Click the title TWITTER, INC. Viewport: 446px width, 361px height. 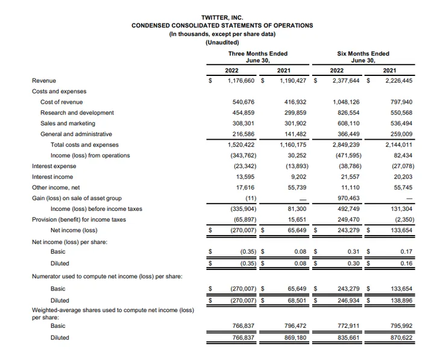click(222, 17)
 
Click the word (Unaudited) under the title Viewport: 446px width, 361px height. click(222, 42)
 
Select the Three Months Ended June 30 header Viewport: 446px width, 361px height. click(249, 57)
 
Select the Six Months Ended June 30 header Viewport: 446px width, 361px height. click(363, 57)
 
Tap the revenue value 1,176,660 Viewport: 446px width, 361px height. click(240, 81)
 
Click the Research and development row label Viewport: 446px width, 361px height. click(77, 113)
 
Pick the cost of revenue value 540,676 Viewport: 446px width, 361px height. click(243, 102)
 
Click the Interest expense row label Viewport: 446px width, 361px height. click(54, 166)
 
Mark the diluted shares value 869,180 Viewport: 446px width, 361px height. click(295, 337)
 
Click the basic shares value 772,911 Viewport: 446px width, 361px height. click(348, 325)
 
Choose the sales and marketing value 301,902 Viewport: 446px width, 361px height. click(295, 124)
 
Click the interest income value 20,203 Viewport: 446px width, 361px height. click(400, 177)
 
